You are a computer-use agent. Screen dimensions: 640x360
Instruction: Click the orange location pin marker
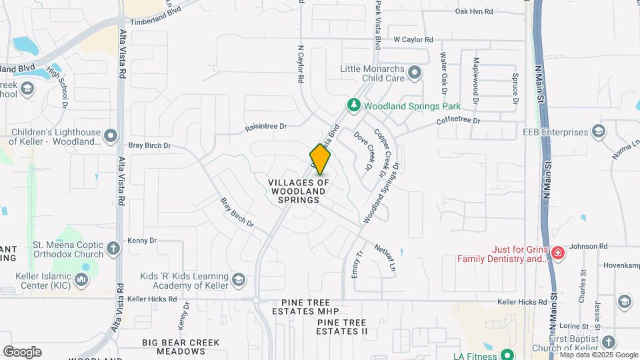pyautogui.click(x=320, y=159)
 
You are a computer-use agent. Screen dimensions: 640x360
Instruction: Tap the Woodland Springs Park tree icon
pyautogui.click(x=353, y=105)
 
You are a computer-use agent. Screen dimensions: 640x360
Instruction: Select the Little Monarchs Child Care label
pyautogui.click(x=373, y=73)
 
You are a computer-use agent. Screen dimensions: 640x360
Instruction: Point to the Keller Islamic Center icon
pyautogui.click(x=82, y=279)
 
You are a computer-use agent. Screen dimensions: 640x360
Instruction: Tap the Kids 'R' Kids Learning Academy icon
pyautogui.click(x=239, y=277)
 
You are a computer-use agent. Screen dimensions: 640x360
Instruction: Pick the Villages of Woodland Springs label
pyautogui.click(x=299, y=191)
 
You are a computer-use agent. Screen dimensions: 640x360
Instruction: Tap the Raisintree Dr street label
pyautogui.click(x=265, y=126)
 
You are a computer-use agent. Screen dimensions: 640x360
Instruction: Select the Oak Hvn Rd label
pyautogui.click(x=473, y=11)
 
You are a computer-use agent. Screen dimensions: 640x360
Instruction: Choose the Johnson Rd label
pyautogui.click(x=589, y=246)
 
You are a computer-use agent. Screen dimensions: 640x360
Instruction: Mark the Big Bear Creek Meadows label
pyautogui.click(x=181, y=347)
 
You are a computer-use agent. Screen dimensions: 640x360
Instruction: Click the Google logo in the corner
pyautogui.click(x=22, y=352)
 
